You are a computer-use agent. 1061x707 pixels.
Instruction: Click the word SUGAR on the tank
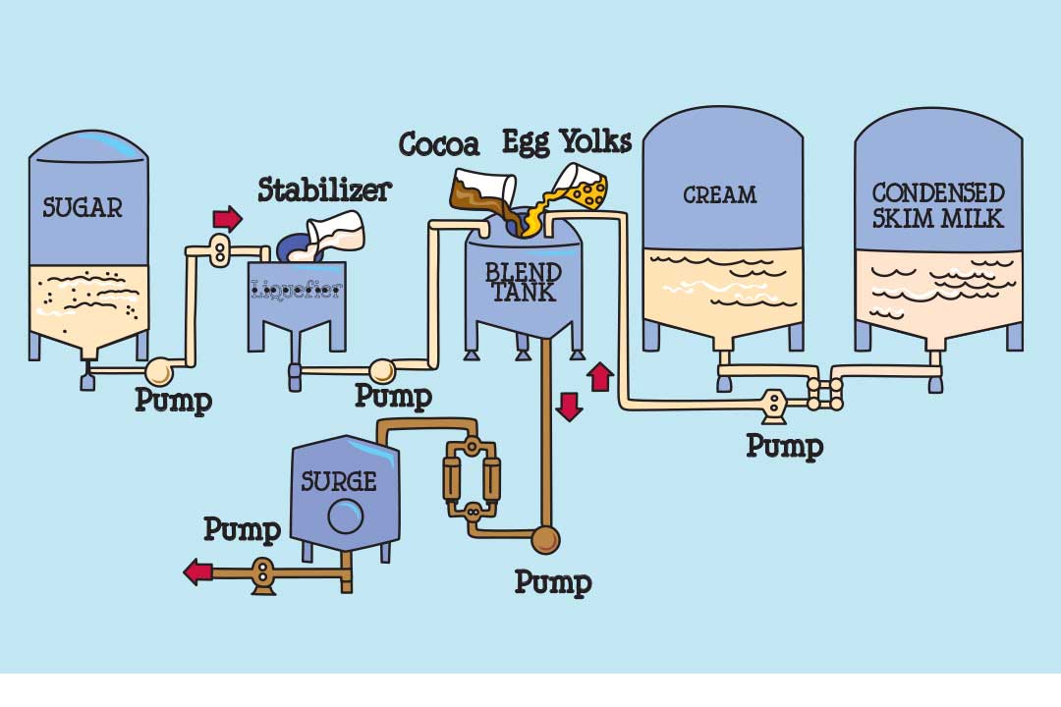(x=83, y=208)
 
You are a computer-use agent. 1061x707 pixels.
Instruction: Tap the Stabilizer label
(x=324, y=190)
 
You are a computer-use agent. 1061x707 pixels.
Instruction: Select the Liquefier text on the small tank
(x=297, y=290)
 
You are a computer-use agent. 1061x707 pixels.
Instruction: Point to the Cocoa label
(x=439, y=145)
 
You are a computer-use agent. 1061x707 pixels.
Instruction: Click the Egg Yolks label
(x=567, y=141)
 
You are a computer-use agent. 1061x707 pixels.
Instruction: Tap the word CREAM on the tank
(x=720, y=195)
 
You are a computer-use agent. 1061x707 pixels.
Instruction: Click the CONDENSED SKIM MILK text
(x=938, y=204)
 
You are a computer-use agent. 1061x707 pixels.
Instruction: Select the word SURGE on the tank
(x=339, y=481)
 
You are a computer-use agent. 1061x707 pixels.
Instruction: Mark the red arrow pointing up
(x=600, y=376)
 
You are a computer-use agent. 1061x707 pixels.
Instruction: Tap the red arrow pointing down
(x=569, y=406)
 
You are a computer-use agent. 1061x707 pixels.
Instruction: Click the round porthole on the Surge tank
(x=346, y=515)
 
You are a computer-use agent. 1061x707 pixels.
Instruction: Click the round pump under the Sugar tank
(x=157, y=371)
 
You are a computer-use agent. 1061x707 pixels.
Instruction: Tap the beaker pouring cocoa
(x=484, y=189)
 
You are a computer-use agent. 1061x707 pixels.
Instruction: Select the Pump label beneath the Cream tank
(x=784, y=445)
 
